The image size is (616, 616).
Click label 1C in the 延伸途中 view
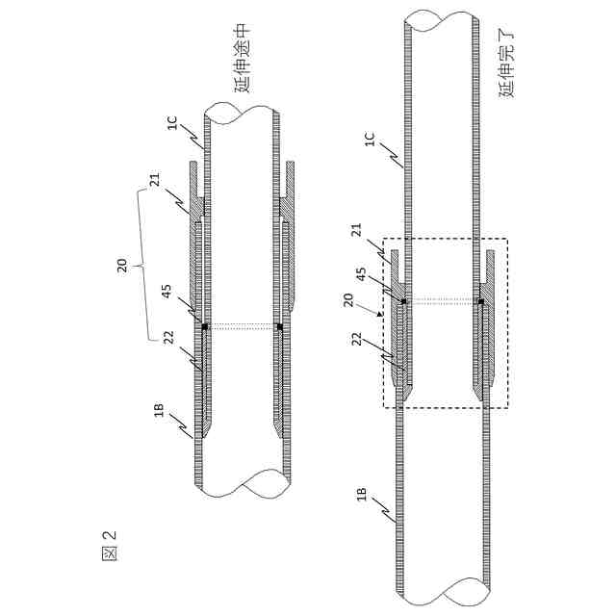(171, 124)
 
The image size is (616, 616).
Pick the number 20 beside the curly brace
(122, 264)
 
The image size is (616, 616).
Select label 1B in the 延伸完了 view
(363, 496)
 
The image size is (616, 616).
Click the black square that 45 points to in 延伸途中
(204, 326)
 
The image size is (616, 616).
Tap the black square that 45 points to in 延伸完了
(403, 302)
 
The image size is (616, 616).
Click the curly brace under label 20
(142, 264)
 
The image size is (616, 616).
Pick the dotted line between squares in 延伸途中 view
(241, 326)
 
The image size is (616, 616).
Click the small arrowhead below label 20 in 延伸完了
(381, 312)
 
